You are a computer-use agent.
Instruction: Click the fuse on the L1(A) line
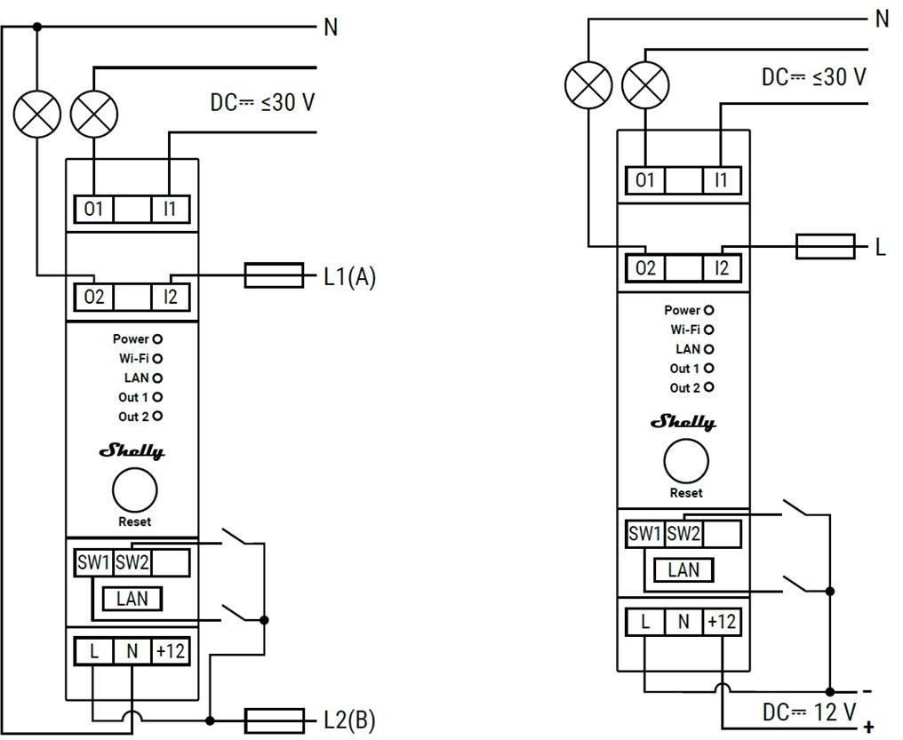pyautogui.click(x=274, y=275)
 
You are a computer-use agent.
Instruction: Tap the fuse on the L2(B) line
pyautogui.click(x=274, y=720)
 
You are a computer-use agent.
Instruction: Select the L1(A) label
pyautogui.click(x=349, y=277)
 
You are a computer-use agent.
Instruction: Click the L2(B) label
pyautogui.click(x=349, y=720)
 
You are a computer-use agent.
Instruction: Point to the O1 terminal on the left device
pyautogui.click(x=94, y=209)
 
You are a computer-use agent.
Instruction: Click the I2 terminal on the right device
pyautogui.click(x=722, y=268)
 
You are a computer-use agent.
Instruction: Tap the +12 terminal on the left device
pyautogui.click(x=171, y=651)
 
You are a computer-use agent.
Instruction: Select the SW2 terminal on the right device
pyautogui.click(x=683, y=533)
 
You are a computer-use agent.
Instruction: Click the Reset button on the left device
pyautogui.click(x=135, y=490)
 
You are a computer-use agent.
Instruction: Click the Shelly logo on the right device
pyautogui.click(x=683, y=422)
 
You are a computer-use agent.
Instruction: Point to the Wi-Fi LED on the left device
pyautogui.click(x=157, y=359)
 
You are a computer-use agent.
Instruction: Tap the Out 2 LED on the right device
pyautogui.click(x=709, y=387)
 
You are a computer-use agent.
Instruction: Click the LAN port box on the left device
pyautogui.click(x=132, y=599)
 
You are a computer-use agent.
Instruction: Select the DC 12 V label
pyautogui.click(x=809, y=712)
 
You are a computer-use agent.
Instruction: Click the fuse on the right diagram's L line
pyautogui.click(x=826, y=247)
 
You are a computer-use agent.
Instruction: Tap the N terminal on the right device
pyautogui.click(x=683, y=622)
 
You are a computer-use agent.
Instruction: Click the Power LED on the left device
pyautogui.click(x=157, y=339)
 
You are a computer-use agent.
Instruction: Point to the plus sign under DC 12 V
pyautogui.click(x=869, y=727)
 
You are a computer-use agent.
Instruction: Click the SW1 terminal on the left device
pyautogui.click(x=94, y=562)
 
